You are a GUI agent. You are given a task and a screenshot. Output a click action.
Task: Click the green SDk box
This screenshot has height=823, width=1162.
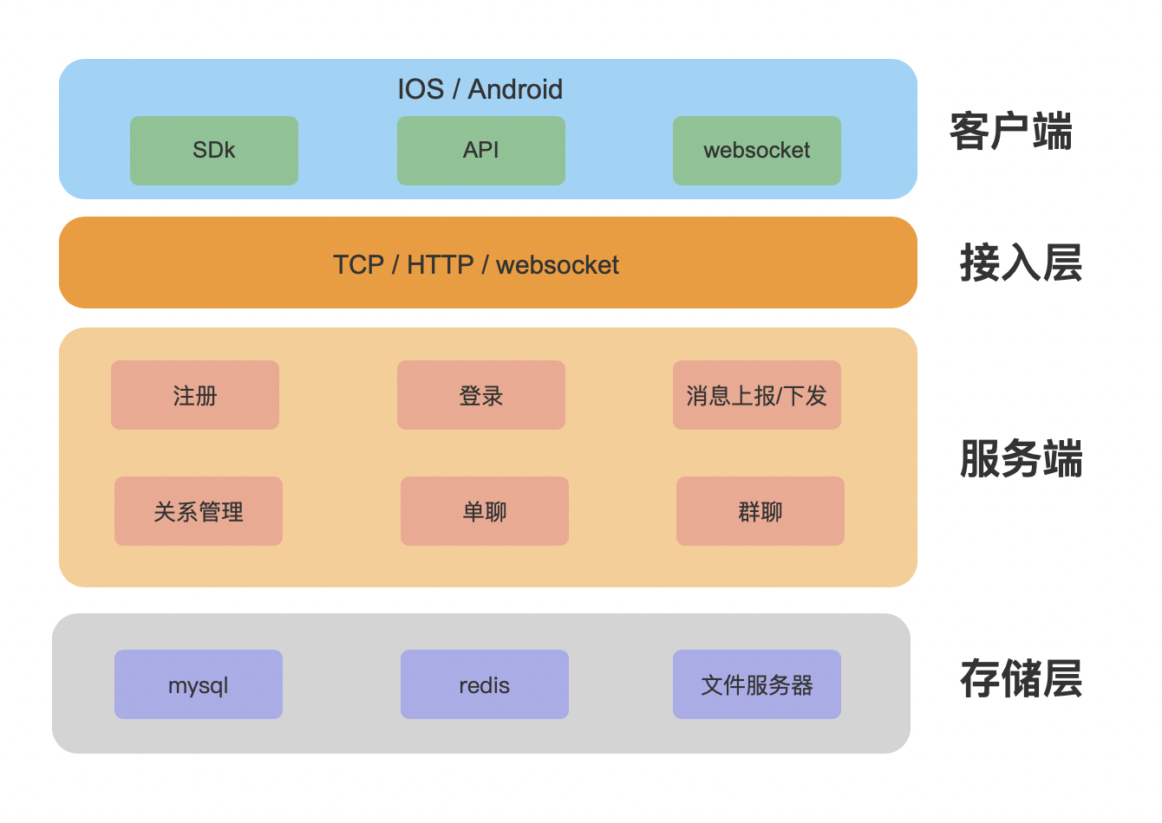tap(214, 151)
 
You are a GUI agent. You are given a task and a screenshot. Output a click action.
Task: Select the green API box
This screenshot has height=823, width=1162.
tap(481, 151)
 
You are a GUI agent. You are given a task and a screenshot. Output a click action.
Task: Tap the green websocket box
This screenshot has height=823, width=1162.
tap(757, 151)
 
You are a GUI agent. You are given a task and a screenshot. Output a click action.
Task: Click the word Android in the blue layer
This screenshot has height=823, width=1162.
tap(515, 89)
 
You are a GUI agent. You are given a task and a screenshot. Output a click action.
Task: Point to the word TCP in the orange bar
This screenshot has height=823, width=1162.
tap(358, 264)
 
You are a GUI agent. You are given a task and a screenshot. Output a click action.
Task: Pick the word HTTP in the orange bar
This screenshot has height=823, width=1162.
tap(441, 264)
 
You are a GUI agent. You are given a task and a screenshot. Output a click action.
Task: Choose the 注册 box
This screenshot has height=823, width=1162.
tap(195, 395)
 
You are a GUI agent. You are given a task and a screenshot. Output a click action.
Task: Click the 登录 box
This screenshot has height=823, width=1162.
tap(481, 395)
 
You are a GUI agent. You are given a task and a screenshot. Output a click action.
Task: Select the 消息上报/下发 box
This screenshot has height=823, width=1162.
tap(757, 395)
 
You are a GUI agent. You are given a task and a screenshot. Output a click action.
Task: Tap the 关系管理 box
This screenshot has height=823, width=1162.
tap(199, 511)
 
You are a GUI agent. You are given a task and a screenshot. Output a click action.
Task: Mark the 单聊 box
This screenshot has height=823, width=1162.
tap(485, 511)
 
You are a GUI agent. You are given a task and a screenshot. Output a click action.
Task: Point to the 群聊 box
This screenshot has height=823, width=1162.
tap(761, 511)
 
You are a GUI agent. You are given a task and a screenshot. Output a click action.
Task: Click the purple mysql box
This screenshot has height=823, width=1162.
tap(199, 684)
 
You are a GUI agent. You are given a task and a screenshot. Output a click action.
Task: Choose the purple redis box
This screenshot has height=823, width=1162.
tap(485, 684)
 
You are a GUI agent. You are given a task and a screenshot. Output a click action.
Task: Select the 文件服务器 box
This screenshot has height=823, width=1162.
tap(757, 684)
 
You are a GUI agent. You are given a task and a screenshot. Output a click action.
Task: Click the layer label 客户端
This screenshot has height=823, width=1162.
tap(1011, 132)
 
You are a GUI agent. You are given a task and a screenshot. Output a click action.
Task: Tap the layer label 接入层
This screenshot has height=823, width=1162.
tap(1021, 262)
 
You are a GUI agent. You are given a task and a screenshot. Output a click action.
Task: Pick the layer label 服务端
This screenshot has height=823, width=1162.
tap(1021, 458)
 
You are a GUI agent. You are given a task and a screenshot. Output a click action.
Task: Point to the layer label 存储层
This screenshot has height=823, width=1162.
tap(1021, 678)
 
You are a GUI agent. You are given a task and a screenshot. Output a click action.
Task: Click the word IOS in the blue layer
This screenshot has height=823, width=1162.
tap(421, 89)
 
